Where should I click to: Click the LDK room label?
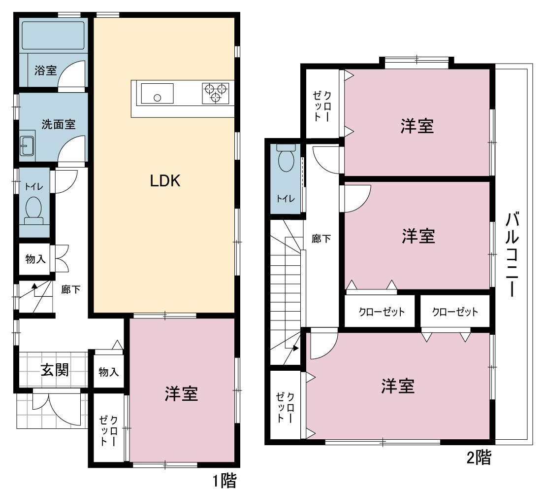click(165, 181)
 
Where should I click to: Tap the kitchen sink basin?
click(157, 94)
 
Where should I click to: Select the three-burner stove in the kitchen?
click(216, 93)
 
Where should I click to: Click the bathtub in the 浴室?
click(53, 35)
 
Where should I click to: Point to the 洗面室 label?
click(59, 124)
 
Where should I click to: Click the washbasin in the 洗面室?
click(27, 145)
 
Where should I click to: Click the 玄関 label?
click(55, 370)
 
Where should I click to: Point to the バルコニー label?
click(512, 254)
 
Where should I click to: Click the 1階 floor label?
click(225, 481)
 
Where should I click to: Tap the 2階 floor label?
click(479, 458)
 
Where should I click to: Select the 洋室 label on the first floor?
click(181, 394)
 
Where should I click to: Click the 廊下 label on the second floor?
click(321, 239)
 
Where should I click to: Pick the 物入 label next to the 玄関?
click(109, 372)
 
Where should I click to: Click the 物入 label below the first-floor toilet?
click(35, 259)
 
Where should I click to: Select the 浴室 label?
click(46, 70)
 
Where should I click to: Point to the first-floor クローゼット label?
click(109, 431)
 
